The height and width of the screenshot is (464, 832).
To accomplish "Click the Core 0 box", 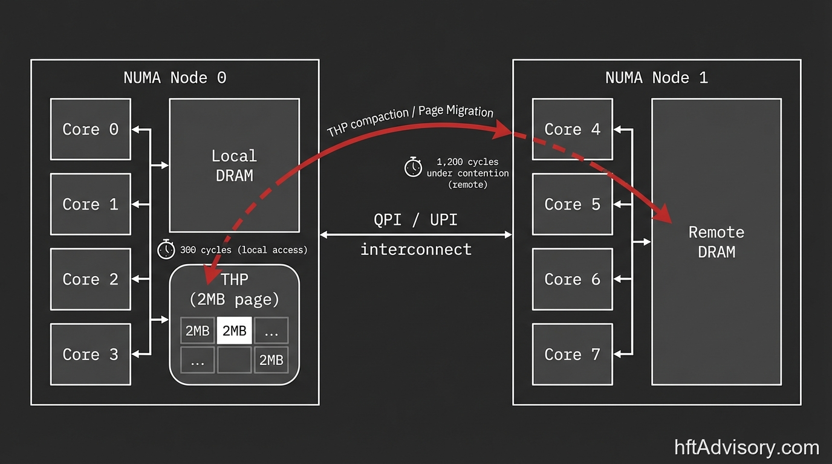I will coord(90,129).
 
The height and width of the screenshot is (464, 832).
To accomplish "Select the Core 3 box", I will coord(90,354).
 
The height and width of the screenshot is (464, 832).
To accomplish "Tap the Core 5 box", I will coord(572,204).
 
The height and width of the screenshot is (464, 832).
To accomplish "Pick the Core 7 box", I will coord(572,354).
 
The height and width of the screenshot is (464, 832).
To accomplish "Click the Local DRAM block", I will coord(234,166).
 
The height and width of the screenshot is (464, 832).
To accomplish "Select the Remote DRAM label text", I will coord(717,242).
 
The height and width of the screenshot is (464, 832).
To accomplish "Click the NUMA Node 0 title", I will coord(175,78).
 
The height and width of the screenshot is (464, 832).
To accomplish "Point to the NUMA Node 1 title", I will coord(656,78).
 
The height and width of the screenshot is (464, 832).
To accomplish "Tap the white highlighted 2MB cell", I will coord(234,330).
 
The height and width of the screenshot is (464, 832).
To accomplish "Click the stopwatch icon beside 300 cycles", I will coord(166,249).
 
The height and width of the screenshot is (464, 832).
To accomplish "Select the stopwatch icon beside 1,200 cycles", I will coord(413,167).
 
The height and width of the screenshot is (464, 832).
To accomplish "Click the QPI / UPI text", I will coord(415,220).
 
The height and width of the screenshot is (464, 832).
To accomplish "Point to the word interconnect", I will coord(415,249).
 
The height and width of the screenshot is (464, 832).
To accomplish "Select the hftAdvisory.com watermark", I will coord(747,448).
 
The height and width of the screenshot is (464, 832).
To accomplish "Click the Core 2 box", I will coord(90,279).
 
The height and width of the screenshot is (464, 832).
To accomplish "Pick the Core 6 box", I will coord(572,279).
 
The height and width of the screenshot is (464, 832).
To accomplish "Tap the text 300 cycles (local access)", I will coord(243,250).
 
